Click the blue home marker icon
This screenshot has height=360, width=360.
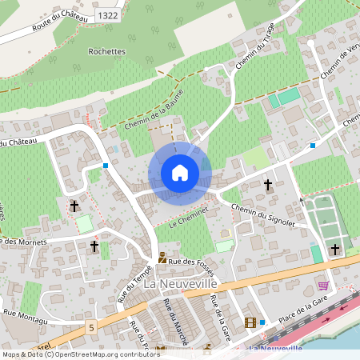tap(180, 172)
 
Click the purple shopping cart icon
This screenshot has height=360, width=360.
tap(323, 285)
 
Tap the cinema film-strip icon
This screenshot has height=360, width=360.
tap(251, 322)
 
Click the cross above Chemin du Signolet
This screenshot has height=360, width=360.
tap(268, 185)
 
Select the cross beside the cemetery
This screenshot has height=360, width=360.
tap(334, 250)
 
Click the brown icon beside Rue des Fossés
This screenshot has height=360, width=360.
tap(162, 258)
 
